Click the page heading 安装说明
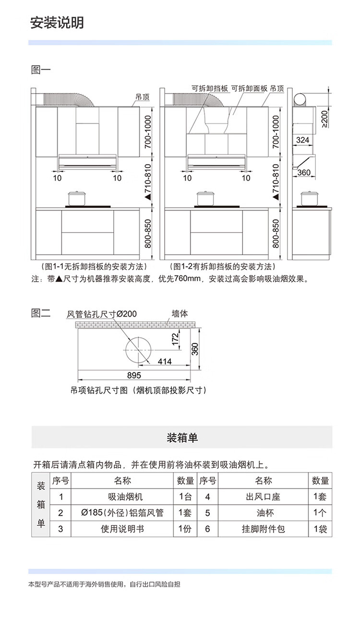[57, 23]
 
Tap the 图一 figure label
[41, 70]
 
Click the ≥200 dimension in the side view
[324, 119]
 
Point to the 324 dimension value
[303, 140]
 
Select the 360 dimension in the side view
[304, 172]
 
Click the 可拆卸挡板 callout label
[210, 88]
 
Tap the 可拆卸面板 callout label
[249, 88]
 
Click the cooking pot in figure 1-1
[77, 199]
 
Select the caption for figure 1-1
[94, 266]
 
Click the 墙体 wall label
[180, 313]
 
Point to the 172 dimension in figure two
[175, 339]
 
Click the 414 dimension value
[165, 361]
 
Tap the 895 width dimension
[134, 375]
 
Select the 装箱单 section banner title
[182, 438]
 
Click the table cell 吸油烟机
[125, 497]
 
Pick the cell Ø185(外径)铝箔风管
[122, 513]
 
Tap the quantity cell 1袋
[320, 529]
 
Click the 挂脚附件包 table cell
[264, 529]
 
